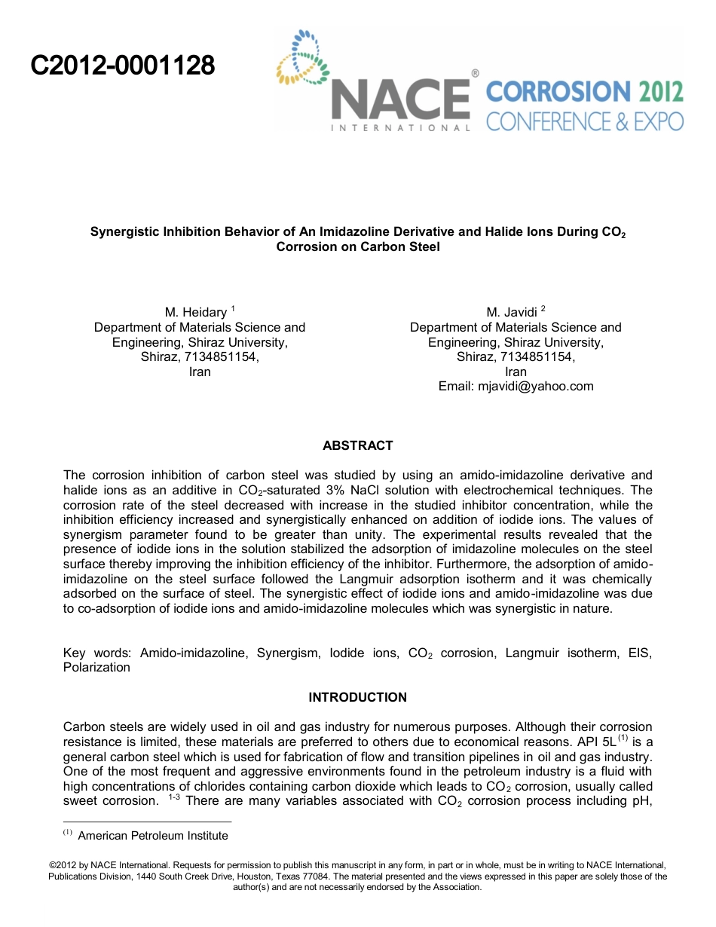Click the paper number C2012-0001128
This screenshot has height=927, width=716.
pyautogui.click(x=123, y=66)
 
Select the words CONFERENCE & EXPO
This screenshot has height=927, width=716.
pyautogui.click(x=585, y=121)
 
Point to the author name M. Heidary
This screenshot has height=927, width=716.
pyautogui.click(x=196, y=312)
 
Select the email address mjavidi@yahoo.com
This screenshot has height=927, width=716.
pyautogui.click(x=536, y=386)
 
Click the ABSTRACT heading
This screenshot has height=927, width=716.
pyautogui.click(x=358, y=445)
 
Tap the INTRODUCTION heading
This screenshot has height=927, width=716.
pyautogui.click(x=358, y=697)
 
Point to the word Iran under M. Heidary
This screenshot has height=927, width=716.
pyautogui.click(x=200, y=372)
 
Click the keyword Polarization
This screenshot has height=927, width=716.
pyautogui.click(x=96, y=667)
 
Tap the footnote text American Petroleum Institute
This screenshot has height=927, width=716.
pyautogui.click(x=153, y=835)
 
